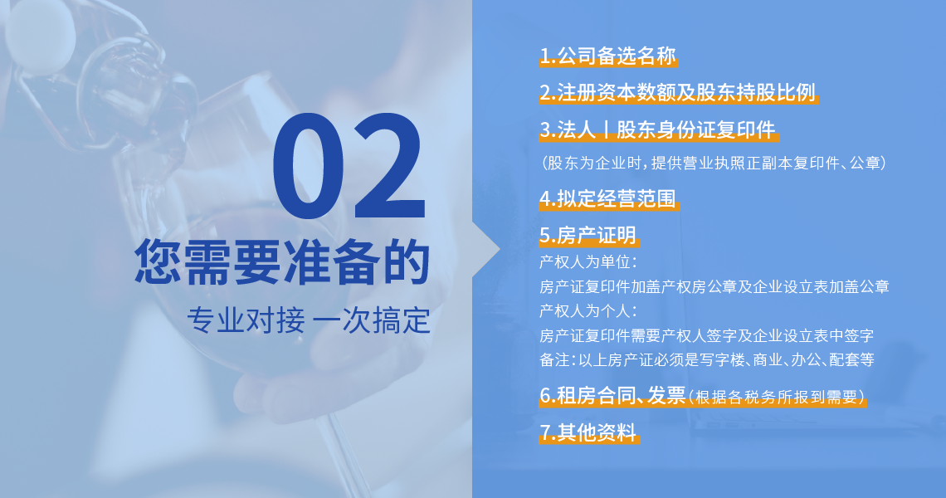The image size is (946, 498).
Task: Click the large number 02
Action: pyautogui.click(x=349, y=166)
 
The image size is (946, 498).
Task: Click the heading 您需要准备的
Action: pyautogui.click(x=282, y=262)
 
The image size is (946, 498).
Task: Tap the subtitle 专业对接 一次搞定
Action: pyautogui.click(x=309, y=320)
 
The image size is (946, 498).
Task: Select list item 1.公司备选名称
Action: pyautogui.click(x=607, y=56)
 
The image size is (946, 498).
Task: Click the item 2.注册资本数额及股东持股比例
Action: pyautogui.click(x=677, y=92)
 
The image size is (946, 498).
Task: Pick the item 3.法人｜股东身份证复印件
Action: pyautogui.click(x=657, y=129)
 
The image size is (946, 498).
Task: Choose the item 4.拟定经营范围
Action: pyautogui.click(x=607, y=198)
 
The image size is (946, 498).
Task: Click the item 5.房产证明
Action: pyautogui.click(x=588, y=235)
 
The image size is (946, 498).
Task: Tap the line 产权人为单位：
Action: pyautogui.click(x=588, y=262)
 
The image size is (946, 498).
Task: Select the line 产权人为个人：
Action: pyautogui.click(x=588, y=311)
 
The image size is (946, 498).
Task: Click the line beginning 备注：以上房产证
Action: pyautogui.click(x=706, y=359)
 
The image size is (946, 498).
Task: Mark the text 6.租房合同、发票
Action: pyautogui.click(x=612, y=395)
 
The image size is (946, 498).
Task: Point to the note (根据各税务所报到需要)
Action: pyautogui.click(x=777, y=398)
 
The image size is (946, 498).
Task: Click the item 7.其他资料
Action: pyautogui.click(x=588, y=432)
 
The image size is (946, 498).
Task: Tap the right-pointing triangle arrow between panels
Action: pyautogui.click(x=486, y=249)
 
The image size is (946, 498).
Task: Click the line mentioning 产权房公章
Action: pyautogui.click(x=714, y=286)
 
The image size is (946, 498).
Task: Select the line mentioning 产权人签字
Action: pyautogui.click(x=706, y=335)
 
